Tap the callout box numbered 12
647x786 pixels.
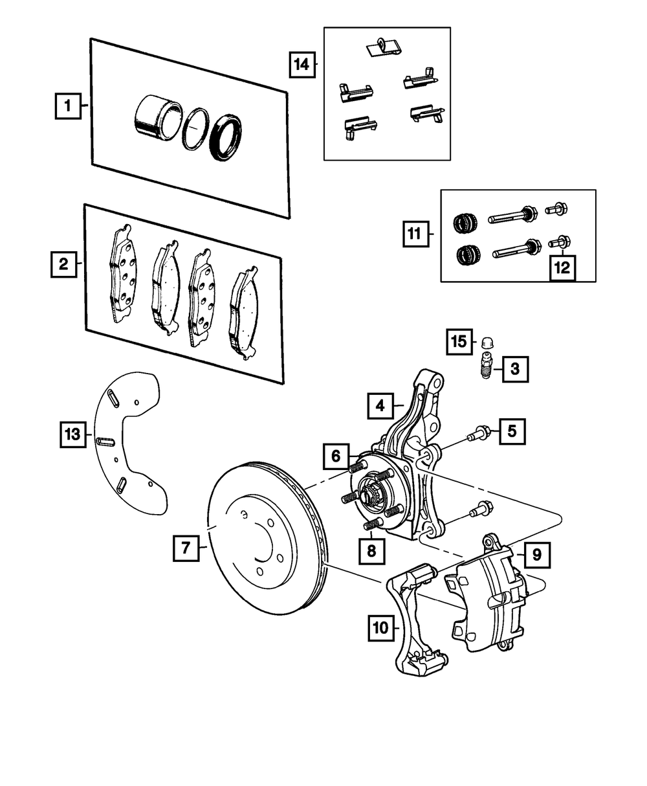562,267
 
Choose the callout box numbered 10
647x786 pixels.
381,627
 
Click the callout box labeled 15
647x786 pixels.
459,342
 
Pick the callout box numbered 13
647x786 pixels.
73,433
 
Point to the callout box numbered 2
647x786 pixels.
63,264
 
